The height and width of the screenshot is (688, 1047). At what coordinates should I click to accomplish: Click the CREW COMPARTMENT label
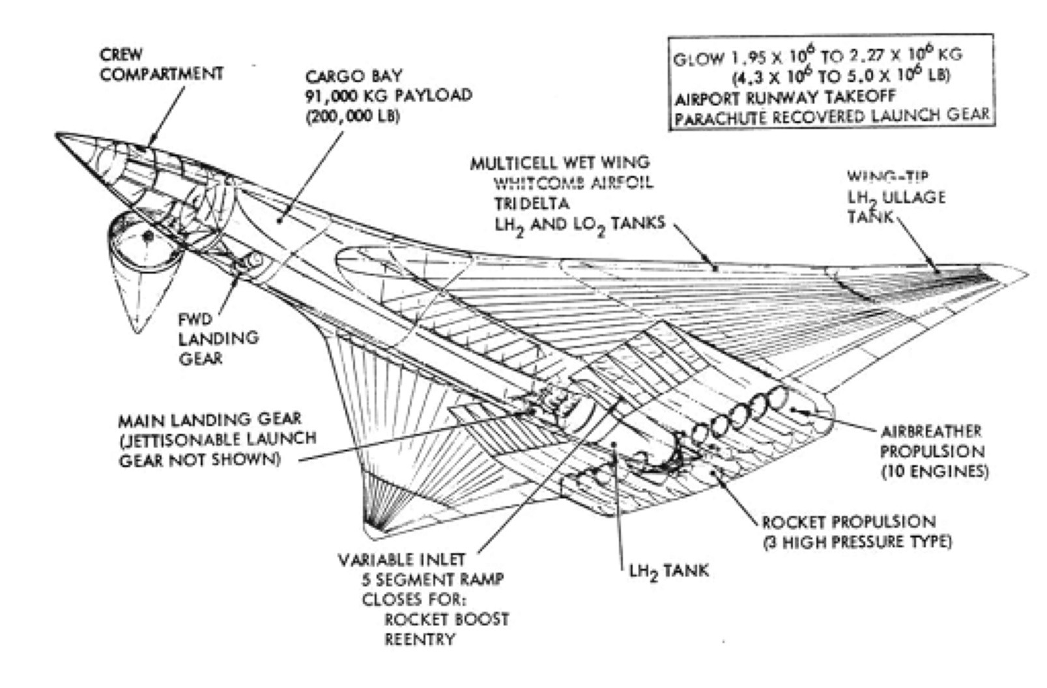coord(161,64)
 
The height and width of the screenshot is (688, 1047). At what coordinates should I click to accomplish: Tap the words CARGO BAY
coord(354,76)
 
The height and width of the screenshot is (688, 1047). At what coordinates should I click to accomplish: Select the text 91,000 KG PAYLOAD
coord(388,95)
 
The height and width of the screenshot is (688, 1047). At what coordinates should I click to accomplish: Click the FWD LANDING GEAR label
coord(218,338)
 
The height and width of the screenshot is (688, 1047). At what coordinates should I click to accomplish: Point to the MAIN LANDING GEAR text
coord(209,419)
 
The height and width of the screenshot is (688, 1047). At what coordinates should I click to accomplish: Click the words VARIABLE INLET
coord(401,560)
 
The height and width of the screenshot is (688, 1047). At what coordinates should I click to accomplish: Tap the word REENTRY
coord(419,639)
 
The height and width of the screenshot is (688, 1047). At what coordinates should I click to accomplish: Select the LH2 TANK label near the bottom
coord(669,571)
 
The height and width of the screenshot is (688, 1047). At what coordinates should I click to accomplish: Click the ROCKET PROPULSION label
coord(848,522)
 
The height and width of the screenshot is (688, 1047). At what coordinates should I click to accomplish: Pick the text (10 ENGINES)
coord(934,471)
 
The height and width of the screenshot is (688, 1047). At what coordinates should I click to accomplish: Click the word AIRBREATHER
coord(931,431)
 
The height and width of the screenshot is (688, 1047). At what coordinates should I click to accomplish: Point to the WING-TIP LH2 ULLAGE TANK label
coord(895,197)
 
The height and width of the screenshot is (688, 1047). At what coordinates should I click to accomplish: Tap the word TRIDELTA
coord(532,203)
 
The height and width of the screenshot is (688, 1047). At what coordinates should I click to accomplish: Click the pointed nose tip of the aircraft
coord(57,135)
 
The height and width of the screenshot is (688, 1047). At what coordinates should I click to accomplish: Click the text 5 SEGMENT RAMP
coord(433,579)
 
